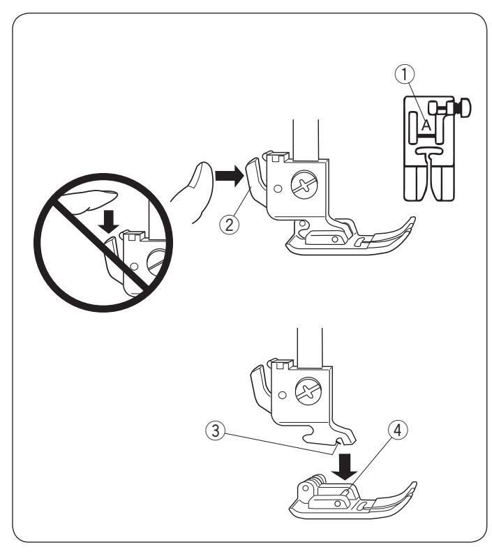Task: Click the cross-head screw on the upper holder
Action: (301, 186)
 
